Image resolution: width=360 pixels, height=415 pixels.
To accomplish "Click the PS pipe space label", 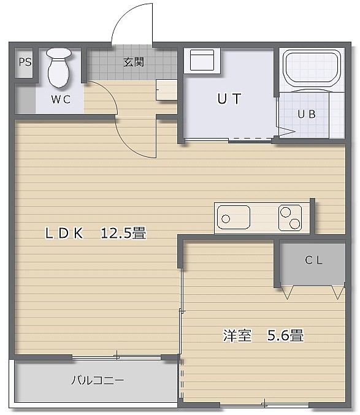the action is click(25, 62).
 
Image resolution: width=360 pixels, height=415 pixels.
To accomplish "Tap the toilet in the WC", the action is click(59, 68).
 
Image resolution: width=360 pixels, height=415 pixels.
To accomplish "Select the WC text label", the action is click(61, 99).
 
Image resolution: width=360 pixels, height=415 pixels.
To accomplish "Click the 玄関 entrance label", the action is click(134, 62).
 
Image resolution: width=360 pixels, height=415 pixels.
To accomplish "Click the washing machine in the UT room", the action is click(202, 60).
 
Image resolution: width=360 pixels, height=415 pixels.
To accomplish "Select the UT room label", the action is click(229, 99).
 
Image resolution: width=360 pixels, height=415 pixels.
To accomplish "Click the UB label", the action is click(307, 114).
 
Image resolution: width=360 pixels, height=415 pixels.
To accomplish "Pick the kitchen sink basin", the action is click(234, 218).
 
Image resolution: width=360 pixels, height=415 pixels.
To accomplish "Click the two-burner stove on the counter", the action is click(290, 218).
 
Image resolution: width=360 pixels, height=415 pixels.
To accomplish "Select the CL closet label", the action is click(313, 260).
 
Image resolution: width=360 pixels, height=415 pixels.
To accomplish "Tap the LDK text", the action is click(64, 233).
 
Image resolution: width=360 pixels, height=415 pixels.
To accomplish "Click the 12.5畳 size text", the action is click(123, 233).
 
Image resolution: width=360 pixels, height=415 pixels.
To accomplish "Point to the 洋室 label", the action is click(237, 335).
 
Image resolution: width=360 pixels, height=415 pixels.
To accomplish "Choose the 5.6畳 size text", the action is click(285, 335).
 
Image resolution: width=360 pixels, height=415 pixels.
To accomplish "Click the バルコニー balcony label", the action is click(98, 380).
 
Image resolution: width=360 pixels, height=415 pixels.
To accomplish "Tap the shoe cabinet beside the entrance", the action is click(166, 89).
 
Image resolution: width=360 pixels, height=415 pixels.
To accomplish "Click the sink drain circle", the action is click(226, 219).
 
